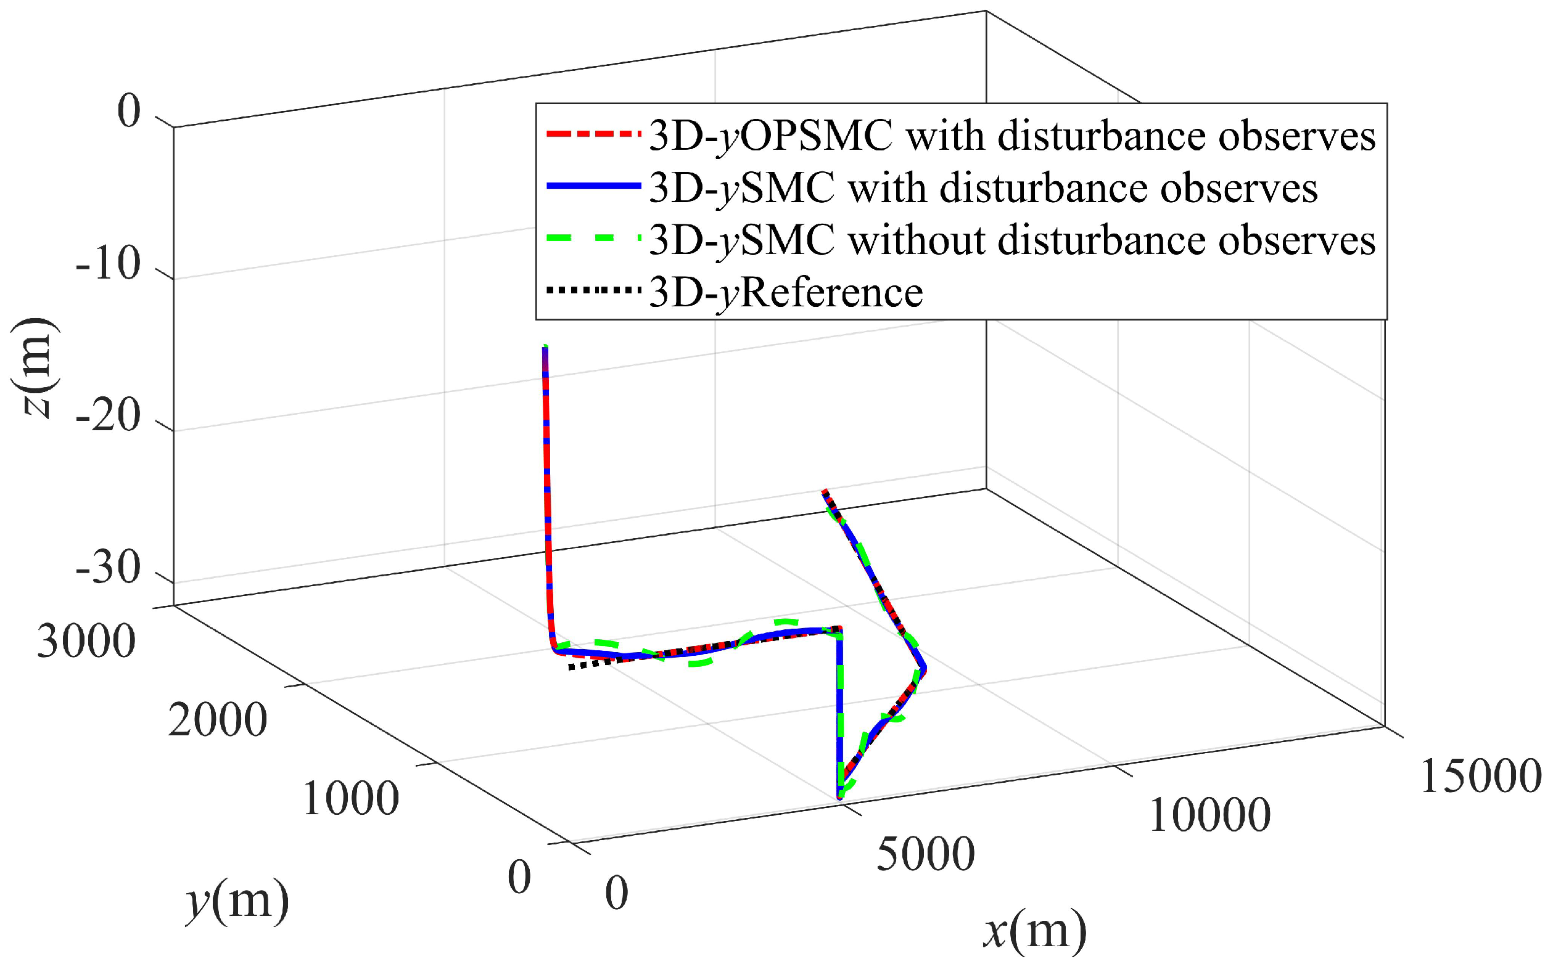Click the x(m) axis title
[x=1035, y=931]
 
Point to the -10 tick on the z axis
[x=108, y=264]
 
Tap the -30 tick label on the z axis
[x=108, y=568]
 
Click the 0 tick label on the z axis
[x=129, y=110]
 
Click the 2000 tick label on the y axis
[x=217, y=719]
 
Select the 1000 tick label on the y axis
[x=350, y=799]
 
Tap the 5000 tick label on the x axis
[x=925, y=854]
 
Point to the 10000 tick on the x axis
[x=1209, y=816]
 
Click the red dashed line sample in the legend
[x=593, y=135]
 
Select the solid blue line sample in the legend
[x=593, y=186]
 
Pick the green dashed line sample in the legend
[x=593, y=239]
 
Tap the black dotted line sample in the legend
[x=593, y=290]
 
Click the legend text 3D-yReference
[x=786, y=293]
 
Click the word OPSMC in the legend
[x=817, y=136]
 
